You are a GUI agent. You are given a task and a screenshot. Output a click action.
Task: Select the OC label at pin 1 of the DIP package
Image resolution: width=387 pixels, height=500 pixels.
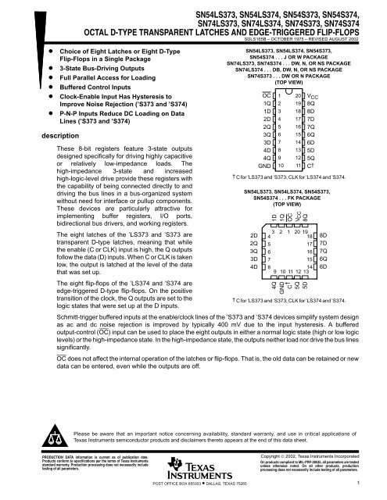(266, 95)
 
